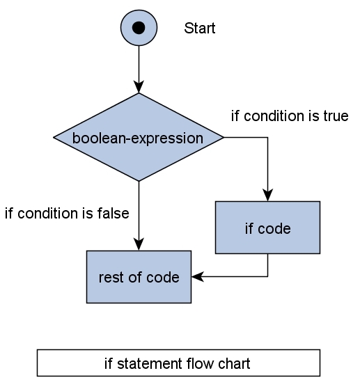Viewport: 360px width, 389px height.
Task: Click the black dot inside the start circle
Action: tap(139, 28)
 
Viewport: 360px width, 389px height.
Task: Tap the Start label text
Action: tap(199, 29)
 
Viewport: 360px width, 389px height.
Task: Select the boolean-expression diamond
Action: tap(139, 138)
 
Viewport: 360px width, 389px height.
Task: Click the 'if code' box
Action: tap(267, 228)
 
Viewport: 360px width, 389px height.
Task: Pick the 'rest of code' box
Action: tap(139, 277)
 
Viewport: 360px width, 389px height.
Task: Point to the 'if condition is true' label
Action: tap(289, 116)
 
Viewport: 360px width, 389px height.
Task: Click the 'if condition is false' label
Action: tap(67, 214)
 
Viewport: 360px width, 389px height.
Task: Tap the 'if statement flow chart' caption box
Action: tap(178, 363)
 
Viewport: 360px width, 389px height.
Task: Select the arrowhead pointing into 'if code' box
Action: tap(267, 196)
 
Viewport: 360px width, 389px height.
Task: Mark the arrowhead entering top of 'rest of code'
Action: tap(139, 245)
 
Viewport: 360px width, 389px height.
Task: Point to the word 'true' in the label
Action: tap(335, 116)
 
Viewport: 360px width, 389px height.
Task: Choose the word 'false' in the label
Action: tap(114, 214)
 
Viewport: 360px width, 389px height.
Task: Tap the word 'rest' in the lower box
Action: tap(110, 277)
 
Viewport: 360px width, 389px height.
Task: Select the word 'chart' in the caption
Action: tap(235, 363)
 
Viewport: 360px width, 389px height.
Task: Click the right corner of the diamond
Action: tap(223, 138)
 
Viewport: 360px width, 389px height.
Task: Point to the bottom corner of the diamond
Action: tap(139, 180)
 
